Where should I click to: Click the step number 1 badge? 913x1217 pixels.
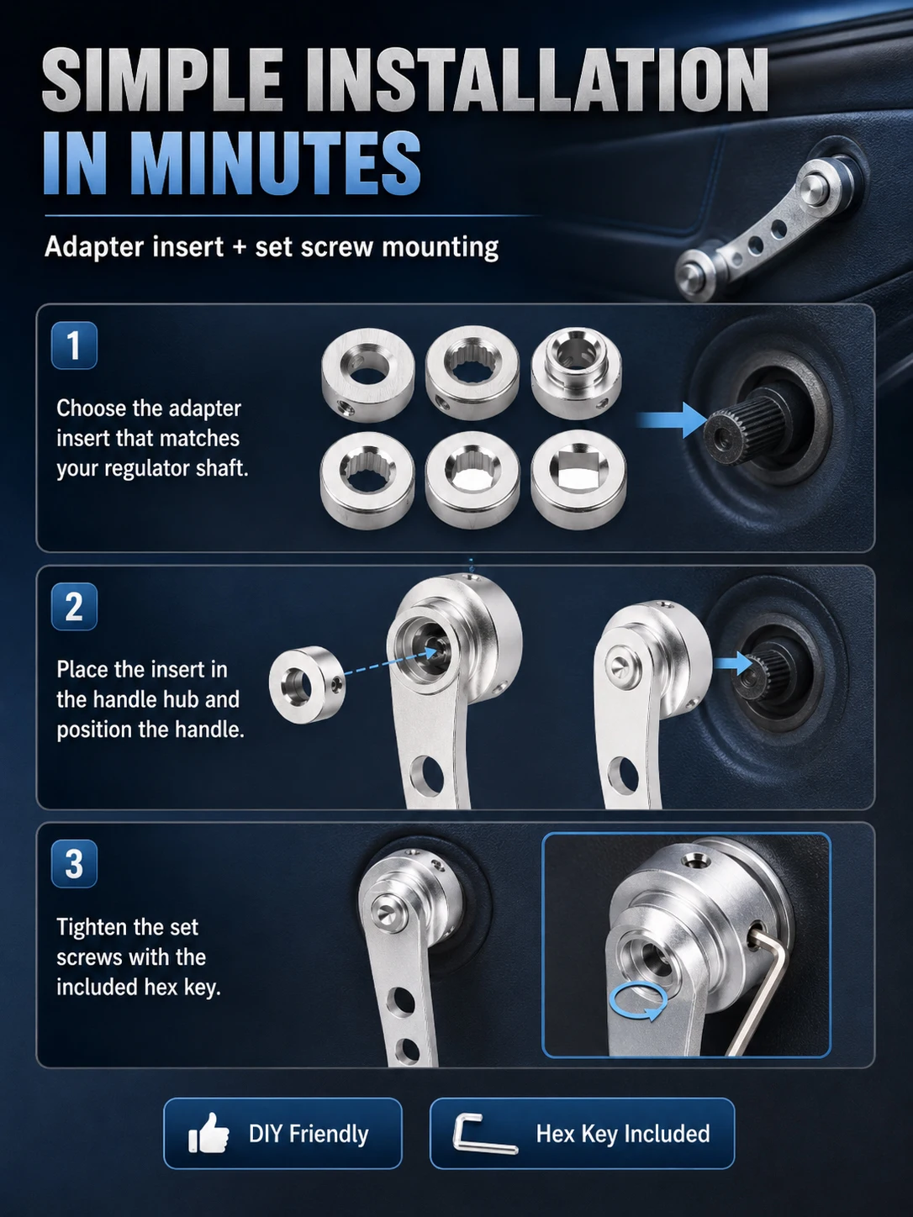[74, 345]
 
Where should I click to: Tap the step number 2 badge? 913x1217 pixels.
[74, 607]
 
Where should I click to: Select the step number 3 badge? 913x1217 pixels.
[74, 864]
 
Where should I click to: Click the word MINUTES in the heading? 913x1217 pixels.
[276, 164]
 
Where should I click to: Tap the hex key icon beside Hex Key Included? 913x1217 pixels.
[484, 1134]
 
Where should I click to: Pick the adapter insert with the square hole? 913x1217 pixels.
[578, 479]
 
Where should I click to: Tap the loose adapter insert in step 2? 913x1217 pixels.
[307, 683]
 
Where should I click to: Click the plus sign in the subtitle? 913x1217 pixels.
[239, 247]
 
